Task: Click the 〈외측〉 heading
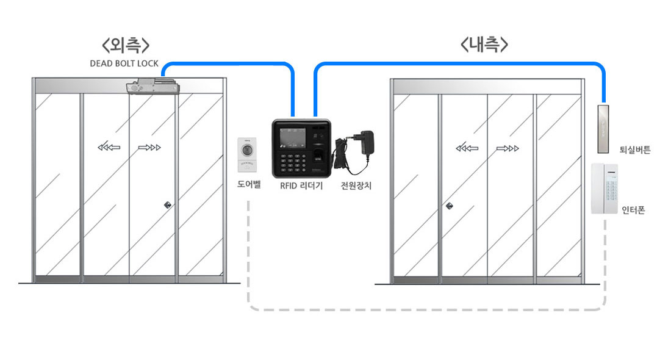(126, 45)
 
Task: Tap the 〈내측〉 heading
(484, 44)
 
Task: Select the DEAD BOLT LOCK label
(124, 63)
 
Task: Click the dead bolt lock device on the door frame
(152, 86)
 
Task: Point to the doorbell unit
(247, 154)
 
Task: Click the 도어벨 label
(249, 184)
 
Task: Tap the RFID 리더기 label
(301, 185)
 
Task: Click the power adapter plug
(367, 142)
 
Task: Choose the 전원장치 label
(356, 185)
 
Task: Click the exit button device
(603, 129)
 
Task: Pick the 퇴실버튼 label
(635, 150)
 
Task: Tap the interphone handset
(605, 189)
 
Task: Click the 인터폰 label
(633, 210)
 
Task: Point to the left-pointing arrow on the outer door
(109, 148)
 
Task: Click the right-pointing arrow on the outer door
(149, 148)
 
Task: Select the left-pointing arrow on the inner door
(467, 148)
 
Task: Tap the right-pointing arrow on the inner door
(508, 148)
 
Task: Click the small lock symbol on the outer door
(168, 205)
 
